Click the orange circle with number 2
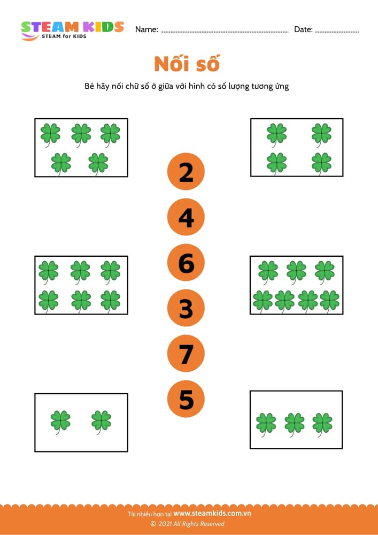point(186,172)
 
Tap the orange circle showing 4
point(186,217)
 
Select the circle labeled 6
point(186,262)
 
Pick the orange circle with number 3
point(186,308)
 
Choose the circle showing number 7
point(186,353)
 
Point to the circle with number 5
point(186,399)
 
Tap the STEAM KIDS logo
point(72,30)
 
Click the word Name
point(146,29)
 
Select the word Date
point(303,29)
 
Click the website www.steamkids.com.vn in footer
point(212,513)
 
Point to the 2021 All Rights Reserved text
point(187,524)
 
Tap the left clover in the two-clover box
point(60,422)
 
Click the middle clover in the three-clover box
point(295,424)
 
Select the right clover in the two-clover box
point(101,422)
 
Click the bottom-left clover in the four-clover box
point(277,164)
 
